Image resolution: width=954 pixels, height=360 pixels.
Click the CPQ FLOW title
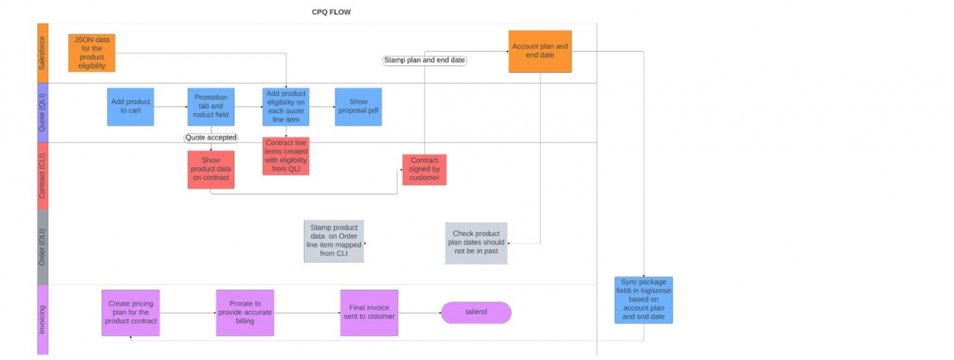[x=331, y=12]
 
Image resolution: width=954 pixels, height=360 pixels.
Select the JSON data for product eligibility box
[x=92, y=53]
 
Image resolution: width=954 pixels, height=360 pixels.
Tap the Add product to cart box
[x=130, y=107]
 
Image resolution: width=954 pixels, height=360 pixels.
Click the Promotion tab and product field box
[x=211, y=107]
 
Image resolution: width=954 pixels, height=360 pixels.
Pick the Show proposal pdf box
[x=358, y=107]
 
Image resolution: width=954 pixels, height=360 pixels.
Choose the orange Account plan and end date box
[x=540, y=51]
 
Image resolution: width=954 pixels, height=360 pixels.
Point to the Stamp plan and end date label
[x=424, y=60]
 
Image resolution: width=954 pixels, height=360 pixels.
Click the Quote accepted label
[x=211, y=138]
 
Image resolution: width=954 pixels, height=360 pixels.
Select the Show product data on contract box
[x=211, y=169]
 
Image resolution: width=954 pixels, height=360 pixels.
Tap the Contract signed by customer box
[x=424, y=169]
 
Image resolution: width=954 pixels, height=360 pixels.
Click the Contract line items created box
[x=286, y=156]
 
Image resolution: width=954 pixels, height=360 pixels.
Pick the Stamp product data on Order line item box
[x=333, y=241]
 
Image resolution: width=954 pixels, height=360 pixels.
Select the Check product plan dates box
[x=476, y=243]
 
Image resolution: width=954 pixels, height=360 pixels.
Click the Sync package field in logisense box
[x=644, y=300]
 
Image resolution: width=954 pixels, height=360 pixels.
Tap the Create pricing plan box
[x=130, y=312]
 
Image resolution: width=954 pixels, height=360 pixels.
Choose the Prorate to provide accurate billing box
[x=246, y=312]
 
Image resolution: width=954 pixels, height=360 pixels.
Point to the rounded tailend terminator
[x=476, y=312]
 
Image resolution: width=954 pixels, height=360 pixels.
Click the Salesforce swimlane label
[x=42, y=53]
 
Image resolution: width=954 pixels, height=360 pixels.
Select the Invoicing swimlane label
[x=42, y=320]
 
